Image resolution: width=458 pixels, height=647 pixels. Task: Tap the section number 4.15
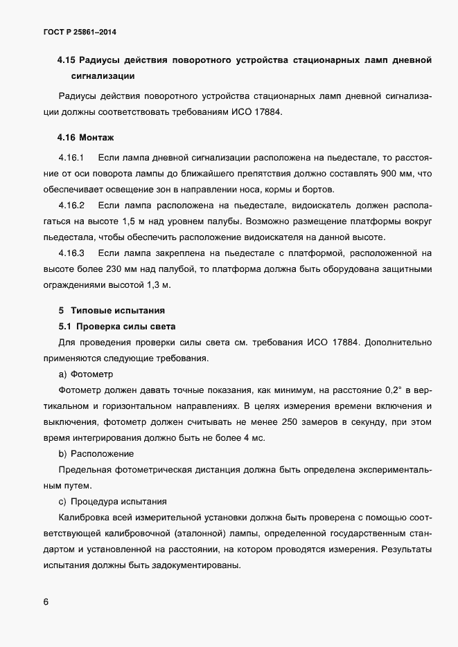click(x=68, y=61)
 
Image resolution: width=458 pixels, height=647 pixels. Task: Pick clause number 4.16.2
click(x=71, y=205)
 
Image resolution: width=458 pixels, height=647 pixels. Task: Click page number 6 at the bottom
click(x=46, y=602)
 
